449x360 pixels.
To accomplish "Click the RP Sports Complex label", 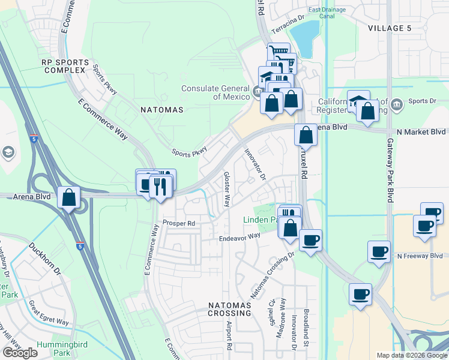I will [x=65, y=66].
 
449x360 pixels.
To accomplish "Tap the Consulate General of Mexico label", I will [x=215, y=92].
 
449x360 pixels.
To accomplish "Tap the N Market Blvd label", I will [x=421, y=131].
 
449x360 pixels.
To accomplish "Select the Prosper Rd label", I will [x=179, y=223].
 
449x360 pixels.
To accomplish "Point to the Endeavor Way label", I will [x=239, y=236].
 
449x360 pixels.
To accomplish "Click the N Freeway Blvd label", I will [x=420, y=256].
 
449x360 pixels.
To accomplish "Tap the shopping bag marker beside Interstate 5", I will [x=69, y=197].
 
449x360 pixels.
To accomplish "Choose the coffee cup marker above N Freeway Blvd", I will [x=379, y=251].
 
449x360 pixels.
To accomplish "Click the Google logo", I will [x=20, y=353].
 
